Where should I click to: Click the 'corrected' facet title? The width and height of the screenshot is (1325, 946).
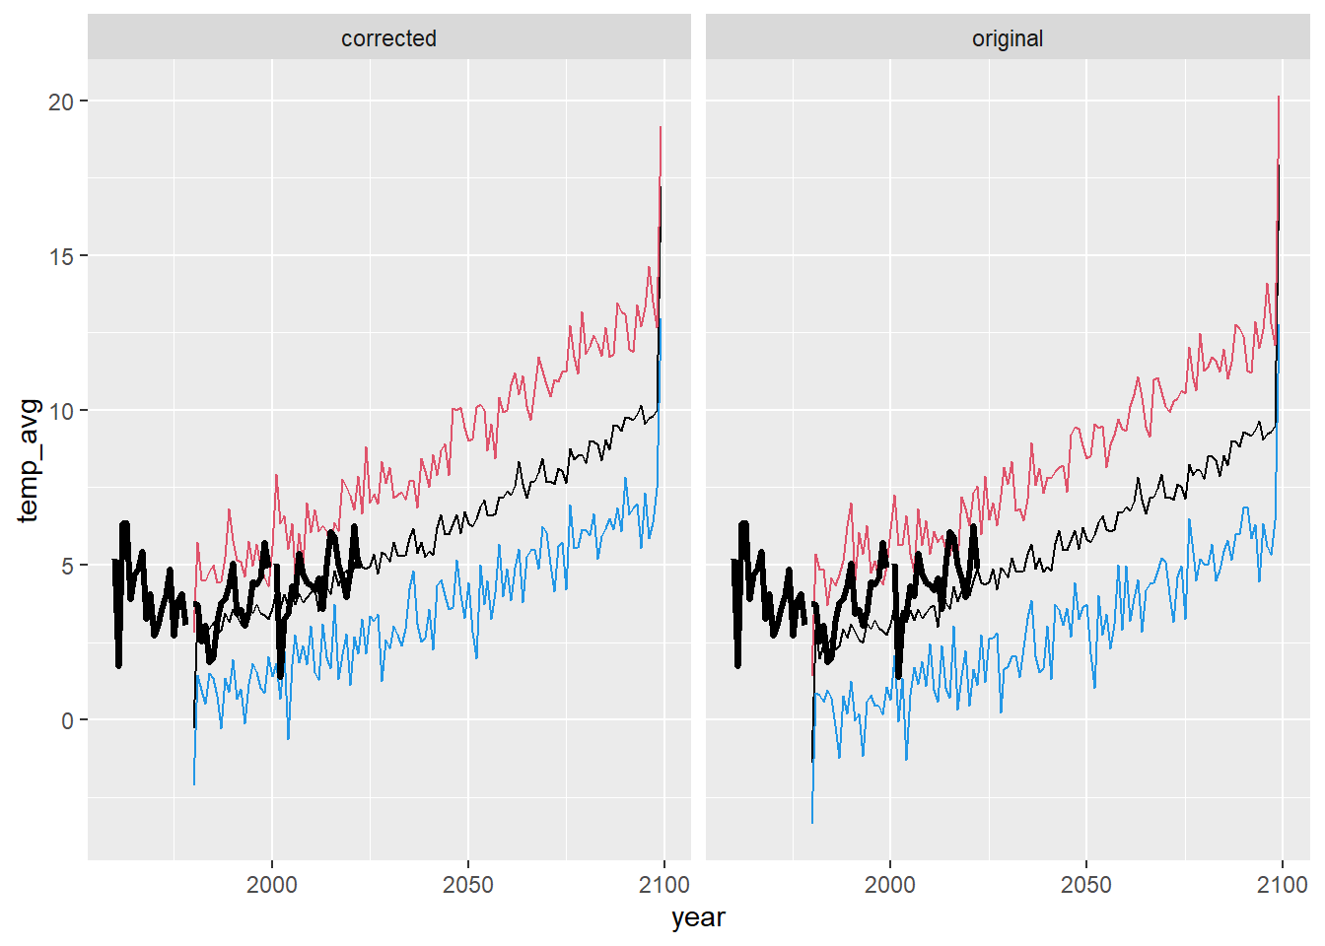[x=388, y=38]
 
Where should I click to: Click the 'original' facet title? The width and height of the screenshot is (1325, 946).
[x=1007, y=38]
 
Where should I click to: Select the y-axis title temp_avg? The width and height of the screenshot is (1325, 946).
[x=29, y=460]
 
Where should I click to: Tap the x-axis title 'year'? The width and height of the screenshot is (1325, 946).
[x=698, y=917]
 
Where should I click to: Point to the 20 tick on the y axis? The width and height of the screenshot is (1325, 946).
[x=61, y=101]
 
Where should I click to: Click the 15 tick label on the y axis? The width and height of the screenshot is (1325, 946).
[x=61, y=256]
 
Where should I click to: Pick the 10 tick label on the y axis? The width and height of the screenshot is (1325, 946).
[x=61, y=411]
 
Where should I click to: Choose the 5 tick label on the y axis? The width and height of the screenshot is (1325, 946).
[x=67, y=566]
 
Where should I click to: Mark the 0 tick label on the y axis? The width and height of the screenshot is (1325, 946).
[x=67, y=720]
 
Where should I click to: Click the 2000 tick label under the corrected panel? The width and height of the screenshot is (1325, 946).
[x=272, y=884]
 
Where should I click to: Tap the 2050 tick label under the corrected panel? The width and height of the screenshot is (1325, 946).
[x=468, y=884]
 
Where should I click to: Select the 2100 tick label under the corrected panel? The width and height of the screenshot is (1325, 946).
[x=663, y=884]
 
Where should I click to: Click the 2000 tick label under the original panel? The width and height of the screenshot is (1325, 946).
[x=890, y=884]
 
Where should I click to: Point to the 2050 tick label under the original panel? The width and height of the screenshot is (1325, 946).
[x=1086, y=884]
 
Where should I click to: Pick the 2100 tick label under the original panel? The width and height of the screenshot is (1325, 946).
[x=1282, y=884]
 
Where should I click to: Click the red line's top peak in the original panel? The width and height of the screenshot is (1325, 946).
[x=1279, y=97]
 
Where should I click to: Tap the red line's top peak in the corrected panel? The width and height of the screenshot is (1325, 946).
[x=661, y=127]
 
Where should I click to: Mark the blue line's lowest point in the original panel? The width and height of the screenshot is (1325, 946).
[x=812, y=823]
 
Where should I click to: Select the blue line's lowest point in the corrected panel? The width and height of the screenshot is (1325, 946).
[x=194, y=784]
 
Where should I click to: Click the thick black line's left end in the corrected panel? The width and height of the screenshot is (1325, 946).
[x=114, y=561]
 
